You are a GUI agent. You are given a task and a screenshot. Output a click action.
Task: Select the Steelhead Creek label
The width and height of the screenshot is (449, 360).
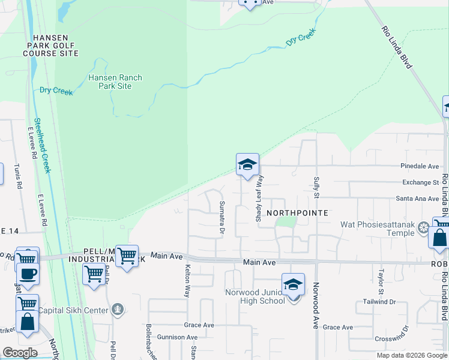coord(42,145)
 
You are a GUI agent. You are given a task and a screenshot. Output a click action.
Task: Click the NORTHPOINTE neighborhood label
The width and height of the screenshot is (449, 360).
coord(297,213)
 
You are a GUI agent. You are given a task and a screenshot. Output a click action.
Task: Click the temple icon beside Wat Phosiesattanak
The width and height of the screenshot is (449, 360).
coord(424,227)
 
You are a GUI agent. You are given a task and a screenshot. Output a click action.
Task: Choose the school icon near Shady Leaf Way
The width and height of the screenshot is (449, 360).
coord(247,165)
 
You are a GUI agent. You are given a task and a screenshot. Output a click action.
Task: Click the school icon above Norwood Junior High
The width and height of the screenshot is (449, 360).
coord(293,284)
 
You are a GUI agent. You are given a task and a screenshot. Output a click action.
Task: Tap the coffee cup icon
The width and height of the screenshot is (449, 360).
coord(28,274)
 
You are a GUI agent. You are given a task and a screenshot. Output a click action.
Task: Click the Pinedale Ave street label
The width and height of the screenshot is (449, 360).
coord(420,166)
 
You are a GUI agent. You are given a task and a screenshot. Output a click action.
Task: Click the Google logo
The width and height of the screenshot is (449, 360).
coord(20,353)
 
